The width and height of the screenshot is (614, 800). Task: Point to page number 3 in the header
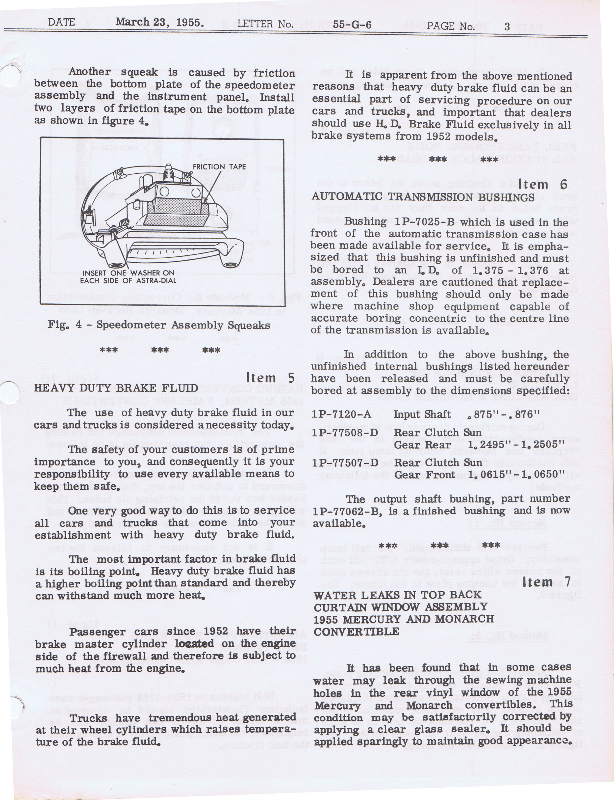(507, 26)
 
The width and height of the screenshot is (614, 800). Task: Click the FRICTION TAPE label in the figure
(219, 167)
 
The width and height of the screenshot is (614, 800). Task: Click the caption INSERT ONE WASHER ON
(129, 273)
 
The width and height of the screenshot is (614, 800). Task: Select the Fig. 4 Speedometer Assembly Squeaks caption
(159, 325)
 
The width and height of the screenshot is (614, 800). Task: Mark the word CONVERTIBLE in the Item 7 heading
(356, 632)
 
